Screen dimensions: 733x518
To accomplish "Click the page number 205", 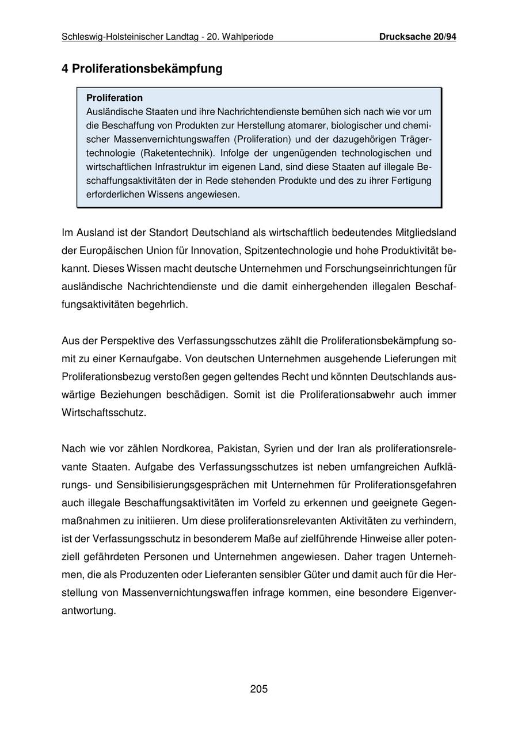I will coord(259,689).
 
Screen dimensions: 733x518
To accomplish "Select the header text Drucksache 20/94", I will coord(417,37).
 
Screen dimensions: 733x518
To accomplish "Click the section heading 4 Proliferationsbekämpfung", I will coord(142,69).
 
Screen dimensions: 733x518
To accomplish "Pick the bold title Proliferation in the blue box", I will coord(115,98).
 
